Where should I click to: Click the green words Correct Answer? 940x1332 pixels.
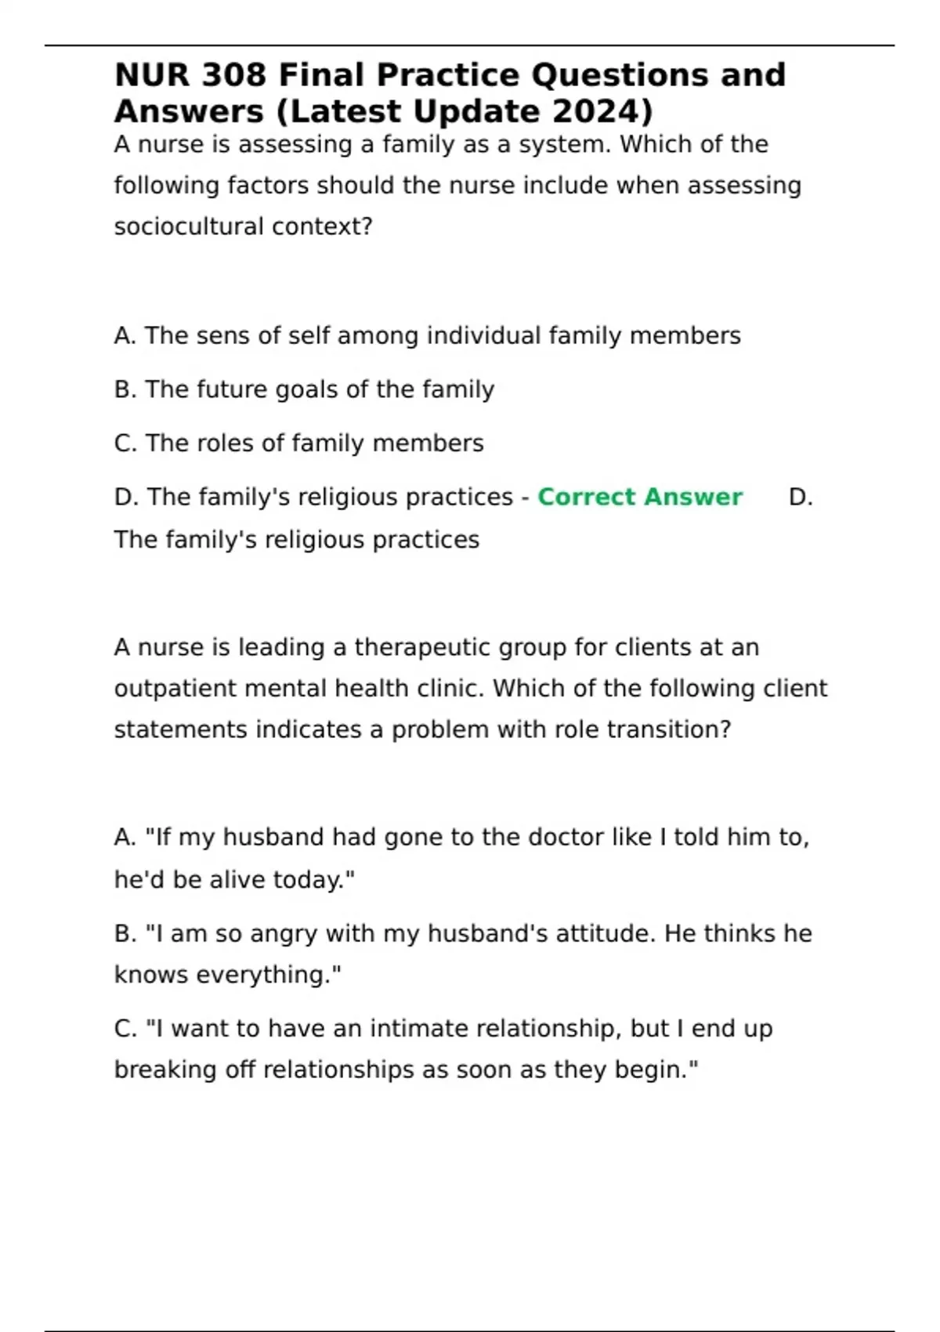coord(640,497)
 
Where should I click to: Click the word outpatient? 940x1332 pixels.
coord(175,689)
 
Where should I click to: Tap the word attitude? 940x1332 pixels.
coord(606,934)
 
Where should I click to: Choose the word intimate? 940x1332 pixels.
coord(419,1029)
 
